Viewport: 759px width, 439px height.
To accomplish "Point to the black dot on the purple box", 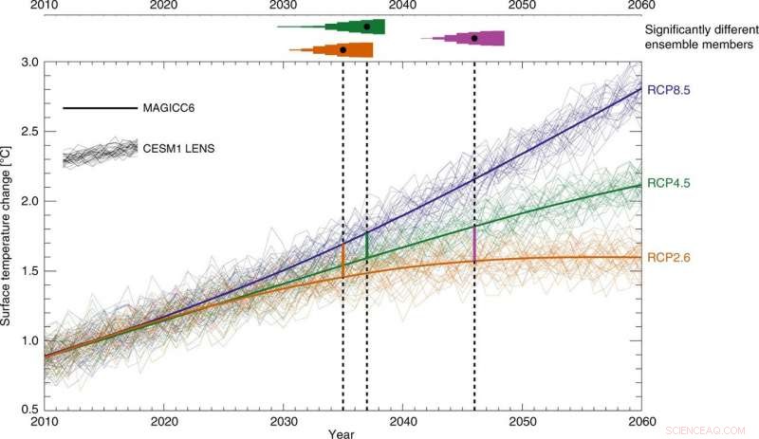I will pos(474,38).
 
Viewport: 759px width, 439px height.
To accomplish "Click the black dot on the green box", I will pos(367,27).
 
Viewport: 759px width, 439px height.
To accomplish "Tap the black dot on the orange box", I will pos(342,49).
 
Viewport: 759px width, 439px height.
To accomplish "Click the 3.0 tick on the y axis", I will pos(28,63).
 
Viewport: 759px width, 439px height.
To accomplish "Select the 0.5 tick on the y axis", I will pos(28,409).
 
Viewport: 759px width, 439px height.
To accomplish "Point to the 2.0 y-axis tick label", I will pos(28,201).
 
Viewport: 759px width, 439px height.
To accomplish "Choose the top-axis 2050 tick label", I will pos(523,7).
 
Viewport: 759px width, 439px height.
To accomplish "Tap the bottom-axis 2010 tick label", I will pos(45,420).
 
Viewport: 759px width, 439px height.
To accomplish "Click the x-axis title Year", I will pos(342,433).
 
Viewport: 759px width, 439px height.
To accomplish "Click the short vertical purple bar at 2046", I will pos(473,244).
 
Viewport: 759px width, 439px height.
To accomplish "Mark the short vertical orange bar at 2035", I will pos(342,260).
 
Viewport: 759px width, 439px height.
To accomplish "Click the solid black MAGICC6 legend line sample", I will pos(100,108).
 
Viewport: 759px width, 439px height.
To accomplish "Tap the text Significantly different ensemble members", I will pos(697,37).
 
